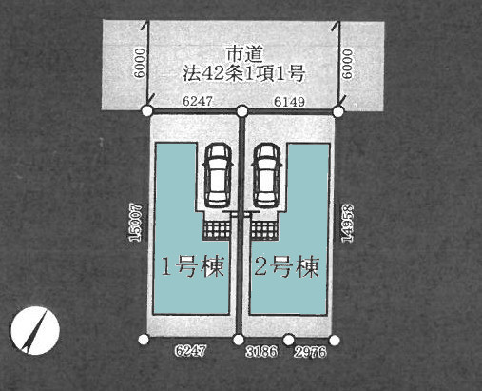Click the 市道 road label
click(x=244, y=54)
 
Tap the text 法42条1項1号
click(x=243, y=73)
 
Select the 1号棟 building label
click(x=193, y=266)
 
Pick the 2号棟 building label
click(x=286, y=266)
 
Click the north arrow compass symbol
click(x=35, y=330)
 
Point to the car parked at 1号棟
click(x=218, y=175)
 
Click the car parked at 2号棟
click(x=267, y=175)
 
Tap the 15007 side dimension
click(x=136, y=223)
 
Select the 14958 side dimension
click(x=348, y=224)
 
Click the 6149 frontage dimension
click(x=289, y=102)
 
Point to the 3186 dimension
click(x=261, y=351)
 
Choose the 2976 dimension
click(x=310, y=352)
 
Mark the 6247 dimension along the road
click(x=198, y=101)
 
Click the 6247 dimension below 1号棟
click(x=190, y=350)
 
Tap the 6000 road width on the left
click(x=140, y=63)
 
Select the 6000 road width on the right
click(x=347, y=64)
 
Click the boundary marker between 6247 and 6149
click(x=242, y=111)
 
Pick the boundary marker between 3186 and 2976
click(x=288, y=340)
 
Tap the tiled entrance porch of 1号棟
click(x=218, y=229)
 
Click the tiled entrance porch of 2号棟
click(x=264, y=229)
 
